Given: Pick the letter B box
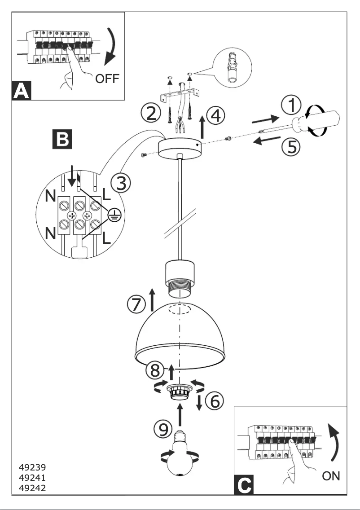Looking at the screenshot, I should coord(61,140).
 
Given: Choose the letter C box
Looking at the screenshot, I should coord(243,485).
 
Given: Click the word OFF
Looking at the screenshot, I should coord(107,79).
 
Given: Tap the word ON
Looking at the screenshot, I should coord(331,476).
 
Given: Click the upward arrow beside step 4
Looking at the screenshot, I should coord(202,127).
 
